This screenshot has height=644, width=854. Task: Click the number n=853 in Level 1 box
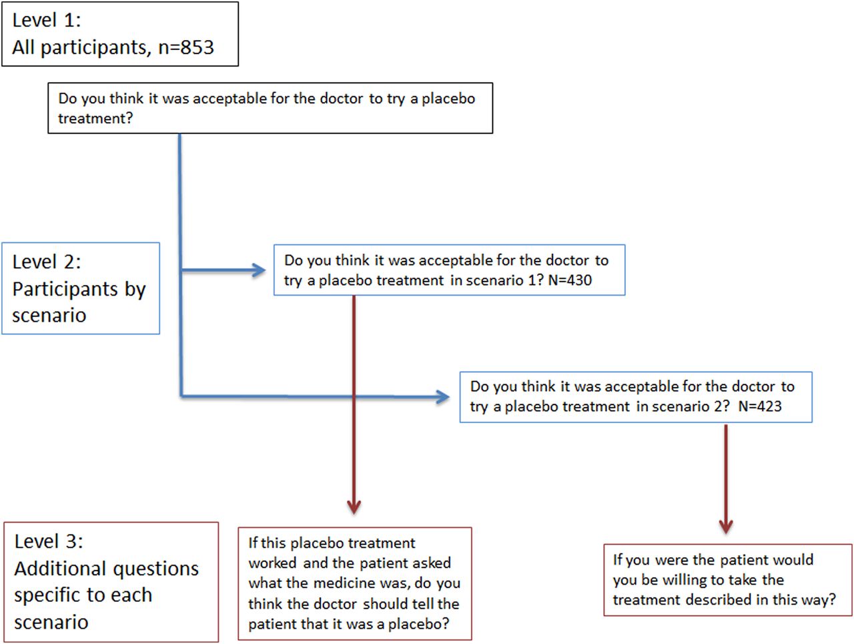(186, 47)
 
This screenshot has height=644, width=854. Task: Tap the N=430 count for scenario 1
(570, 280)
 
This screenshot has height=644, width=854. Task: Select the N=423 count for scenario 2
(760, 406)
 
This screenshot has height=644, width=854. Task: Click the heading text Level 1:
(47, 20)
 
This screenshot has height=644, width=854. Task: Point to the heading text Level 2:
(47, 262)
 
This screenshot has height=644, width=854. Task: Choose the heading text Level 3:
(49, 541)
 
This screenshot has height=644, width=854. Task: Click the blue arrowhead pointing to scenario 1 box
(259, 270)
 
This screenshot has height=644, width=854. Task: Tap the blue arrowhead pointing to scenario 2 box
(443, 397)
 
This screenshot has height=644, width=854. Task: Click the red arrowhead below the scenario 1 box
(354, 507)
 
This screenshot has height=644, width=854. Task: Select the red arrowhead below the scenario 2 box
(726, 527)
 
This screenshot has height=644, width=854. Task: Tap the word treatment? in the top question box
(95, 118)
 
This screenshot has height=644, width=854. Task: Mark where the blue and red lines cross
(354, 396)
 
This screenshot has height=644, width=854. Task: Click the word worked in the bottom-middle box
(272, 563)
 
